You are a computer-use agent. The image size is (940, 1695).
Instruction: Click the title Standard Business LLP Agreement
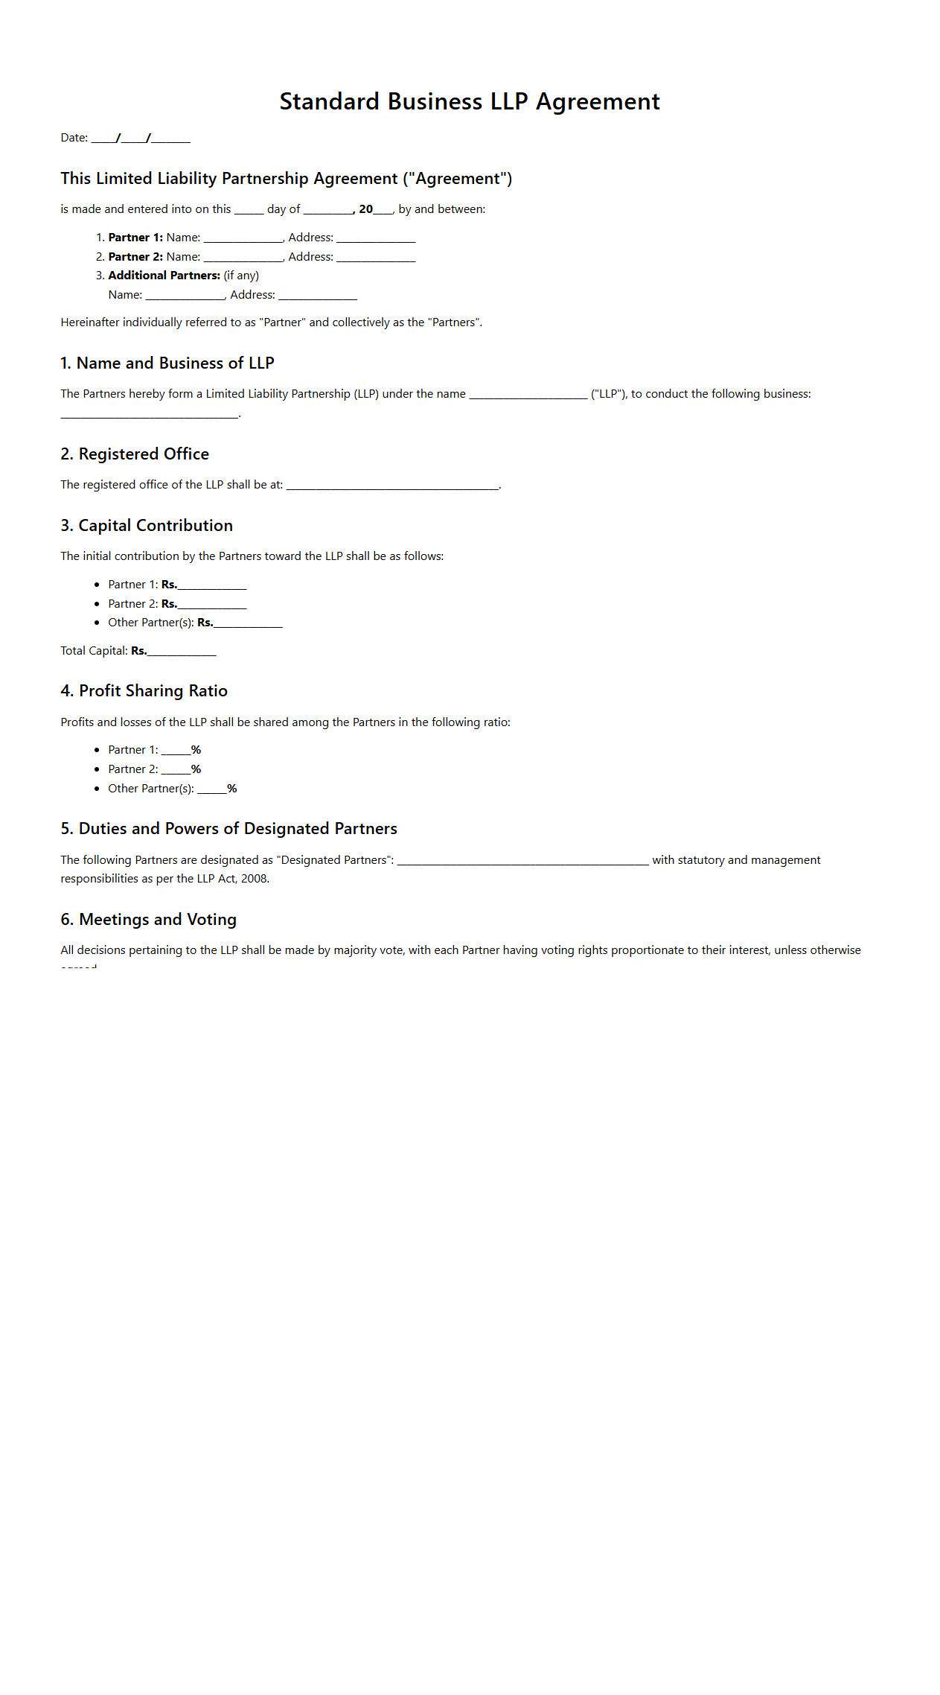click(470, 101)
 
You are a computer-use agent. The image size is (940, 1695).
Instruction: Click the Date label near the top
click(74, 138)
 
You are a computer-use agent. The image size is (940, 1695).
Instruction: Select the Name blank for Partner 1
click(243, 238)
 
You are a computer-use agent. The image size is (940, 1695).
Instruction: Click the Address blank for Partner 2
click(376, 258)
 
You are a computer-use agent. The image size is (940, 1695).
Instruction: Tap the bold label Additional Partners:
click(164, 276)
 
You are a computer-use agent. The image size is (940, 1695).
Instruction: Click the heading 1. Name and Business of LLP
click(167, 363)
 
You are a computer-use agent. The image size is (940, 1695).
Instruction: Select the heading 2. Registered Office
click(135, 454)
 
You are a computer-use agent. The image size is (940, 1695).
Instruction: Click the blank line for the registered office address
click(392, 486)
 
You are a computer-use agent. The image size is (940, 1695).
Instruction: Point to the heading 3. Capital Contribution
click(147, 526)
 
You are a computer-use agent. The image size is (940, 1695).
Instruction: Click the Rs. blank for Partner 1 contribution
click(212, 585)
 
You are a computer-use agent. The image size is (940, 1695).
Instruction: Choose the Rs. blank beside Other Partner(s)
click(248, 623)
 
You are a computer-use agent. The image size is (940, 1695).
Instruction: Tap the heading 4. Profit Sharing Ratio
click(144, 691)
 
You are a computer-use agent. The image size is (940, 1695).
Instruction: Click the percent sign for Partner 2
click(196, 769)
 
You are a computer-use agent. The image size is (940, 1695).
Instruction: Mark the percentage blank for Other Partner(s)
click(212, 789)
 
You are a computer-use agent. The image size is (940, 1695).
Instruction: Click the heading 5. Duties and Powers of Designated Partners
click(229, 829)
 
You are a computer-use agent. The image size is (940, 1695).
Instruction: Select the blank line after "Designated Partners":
click(522, 861)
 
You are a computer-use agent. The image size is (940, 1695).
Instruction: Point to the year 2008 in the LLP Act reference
click(255, 879)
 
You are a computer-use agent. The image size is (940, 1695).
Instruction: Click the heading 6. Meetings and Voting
click(149, 920)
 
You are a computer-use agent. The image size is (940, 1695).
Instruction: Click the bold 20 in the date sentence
click(365, 209)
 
